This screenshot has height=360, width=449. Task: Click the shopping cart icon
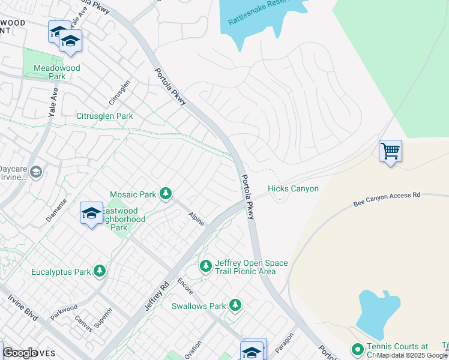pyautogui.click(x=390, y=151)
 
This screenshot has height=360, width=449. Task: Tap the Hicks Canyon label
pyautogui.click(x=293, y=189)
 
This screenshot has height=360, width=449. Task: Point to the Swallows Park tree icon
pyautogui.click(x=235, y=305)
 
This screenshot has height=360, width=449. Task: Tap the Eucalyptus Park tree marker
pyautogui.click(x=100, y=272)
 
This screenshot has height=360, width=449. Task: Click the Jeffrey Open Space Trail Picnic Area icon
pyautogui.click(x=206, y=265)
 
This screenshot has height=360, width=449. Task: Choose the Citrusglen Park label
pyautogui.click(x=104, y=116)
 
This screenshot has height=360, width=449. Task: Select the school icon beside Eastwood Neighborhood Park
pyautogui.click(x=91, y=214)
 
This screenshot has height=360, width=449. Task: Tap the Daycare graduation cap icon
pyautogui.click(x=35, y=173)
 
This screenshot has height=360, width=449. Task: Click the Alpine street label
pyautogui.click(x=196, y=219)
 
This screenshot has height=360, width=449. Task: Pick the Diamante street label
pyautogui.click(x=57, y=210)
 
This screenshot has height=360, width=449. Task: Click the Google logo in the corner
pyautogui.click(x=20, y=353)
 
